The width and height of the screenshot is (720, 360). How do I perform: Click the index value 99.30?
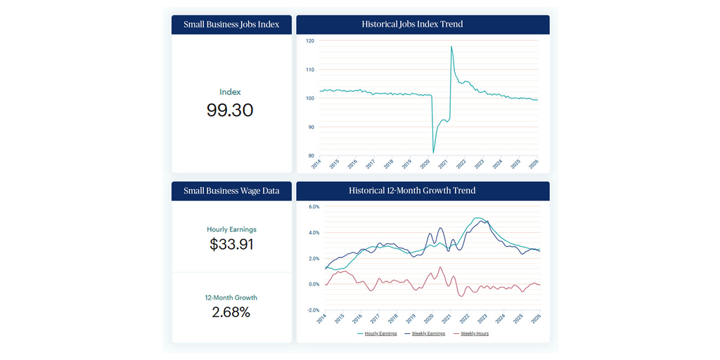pyautogui.click(x=230, y=110)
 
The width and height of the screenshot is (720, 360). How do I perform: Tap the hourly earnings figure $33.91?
pyautogui.click(x=231, y=245)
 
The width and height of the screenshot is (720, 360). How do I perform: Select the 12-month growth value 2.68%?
pyautogui.click(x=231, y=312)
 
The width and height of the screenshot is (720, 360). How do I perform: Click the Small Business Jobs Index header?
pyautogui.click(x=231, y=25)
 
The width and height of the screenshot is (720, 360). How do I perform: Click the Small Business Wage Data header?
pyautogui.click(x=231, y=191)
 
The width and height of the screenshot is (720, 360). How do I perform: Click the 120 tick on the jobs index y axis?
pyautogui.click(x=310, y=41)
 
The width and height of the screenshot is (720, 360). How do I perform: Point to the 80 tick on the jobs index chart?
pyautogui.click(x=311, y=156)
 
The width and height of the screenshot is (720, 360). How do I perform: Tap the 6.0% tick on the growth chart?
pyautogui.click(x=314, y=207)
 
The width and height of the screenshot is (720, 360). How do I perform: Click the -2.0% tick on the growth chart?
pyautogui.click(x=314, y=310)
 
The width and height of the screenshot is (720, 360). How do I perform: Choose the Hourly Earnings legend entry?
pyautogui.click(x=380, y=333)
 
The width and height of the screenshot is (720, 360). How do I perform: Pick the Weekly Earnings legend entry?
pyautogui.click(x=427, y=333)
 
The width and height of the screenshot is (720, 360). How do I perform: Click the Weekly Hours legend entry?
pyautogui.click(x=475, y=333)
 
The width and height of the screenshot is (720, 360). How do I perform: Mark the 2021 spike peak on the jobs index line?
pyautogui.click(x=451, y=47)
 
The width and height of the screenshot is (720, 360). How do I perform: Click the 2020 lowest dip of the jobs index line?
pyautogui.click(x=433, y=152)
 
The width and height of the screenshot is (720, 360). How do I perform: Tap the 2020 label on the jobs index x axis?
pyautogui.click(x=425, y=164)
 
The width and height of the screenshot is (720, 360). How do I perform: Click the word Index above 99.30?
pyautogui.click(x=230, y=92)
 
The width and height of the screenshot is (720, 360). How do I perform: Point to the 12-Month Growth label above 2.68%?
pyautogui.click(x=231, y=297)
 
